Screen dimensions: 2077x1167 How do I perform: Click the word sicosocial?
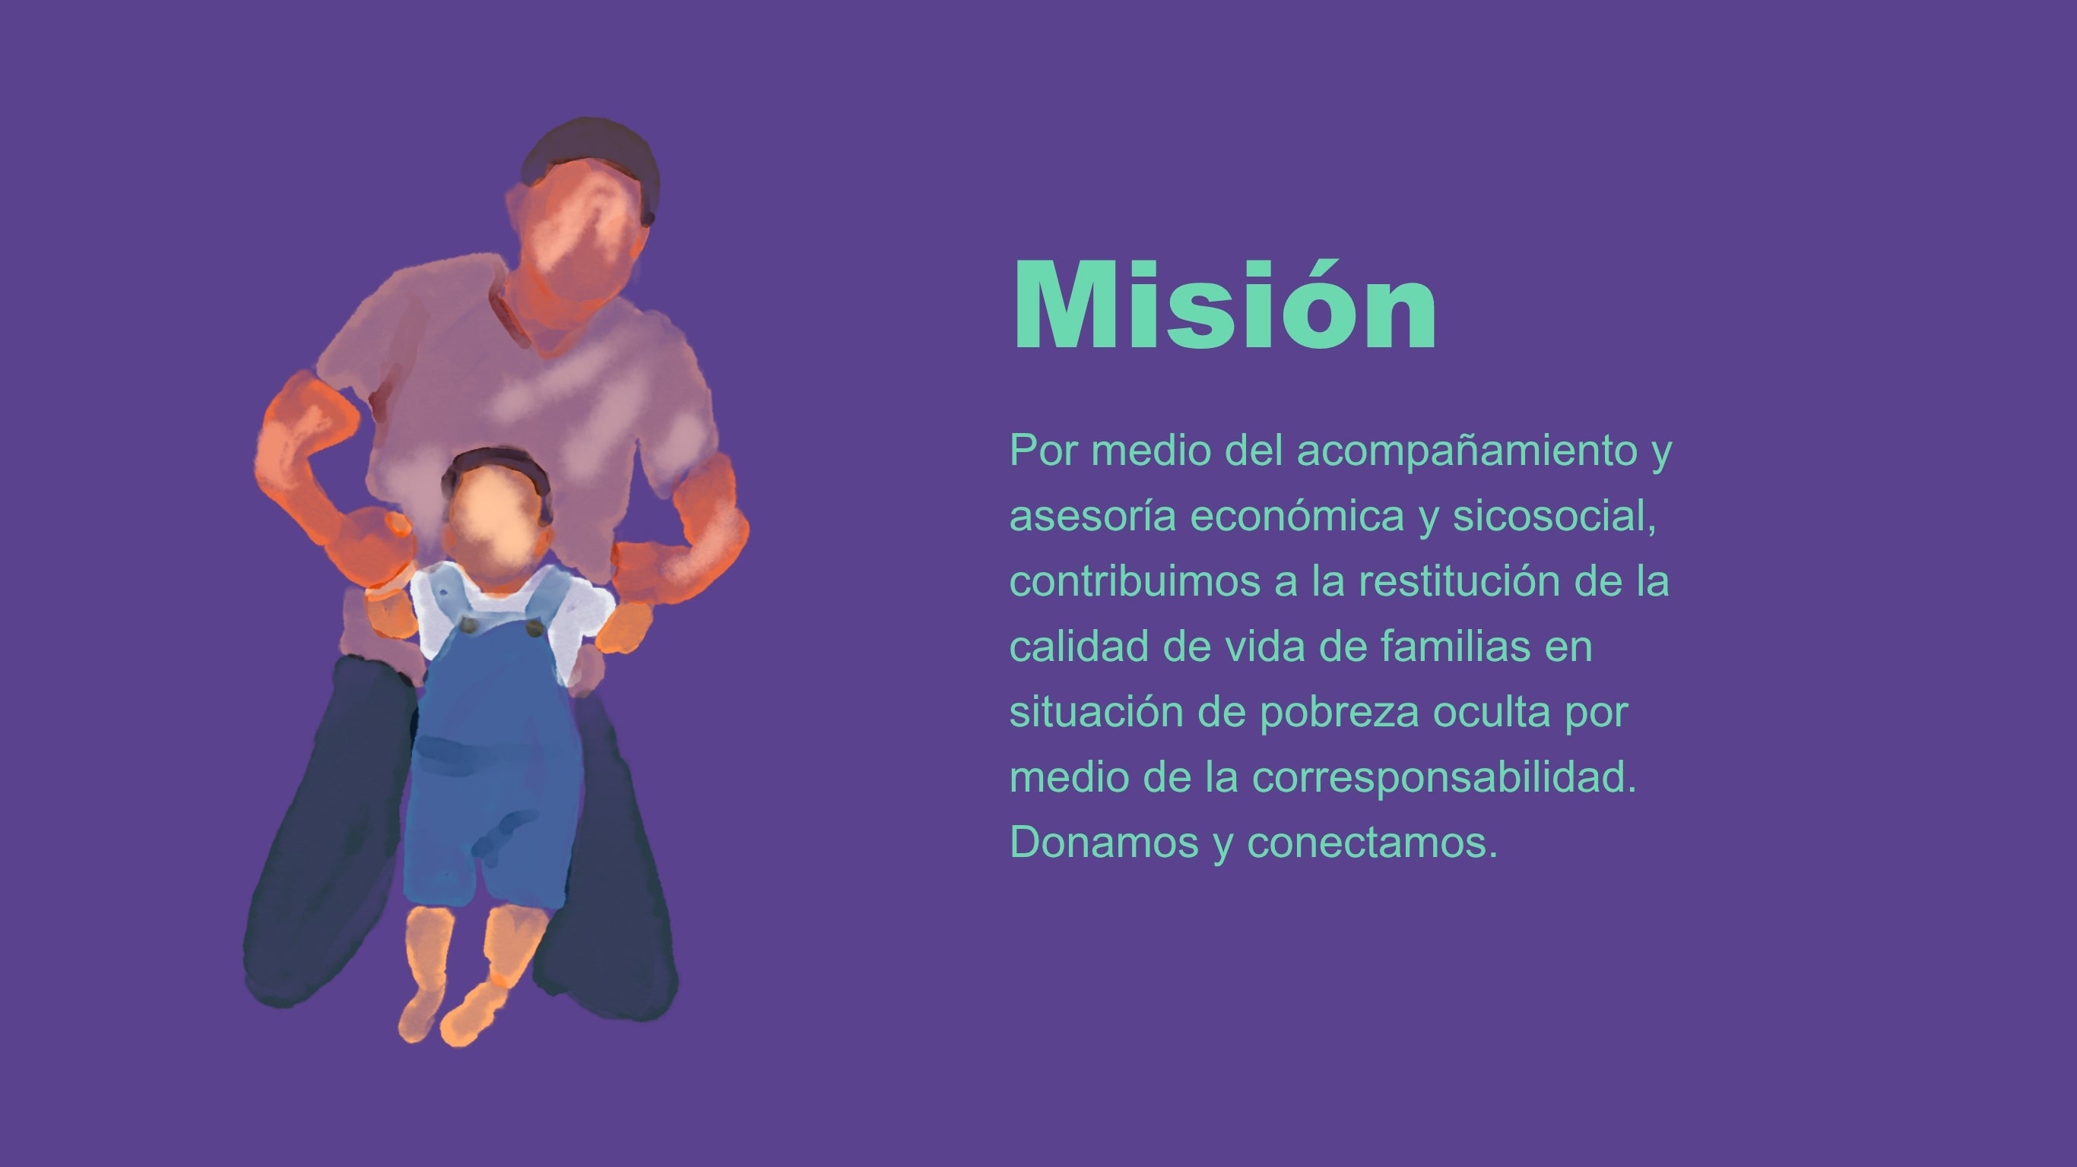click(x=1555, y=516)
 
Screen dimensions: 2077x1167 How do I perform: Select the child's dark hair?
click(x=496, y=466)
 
